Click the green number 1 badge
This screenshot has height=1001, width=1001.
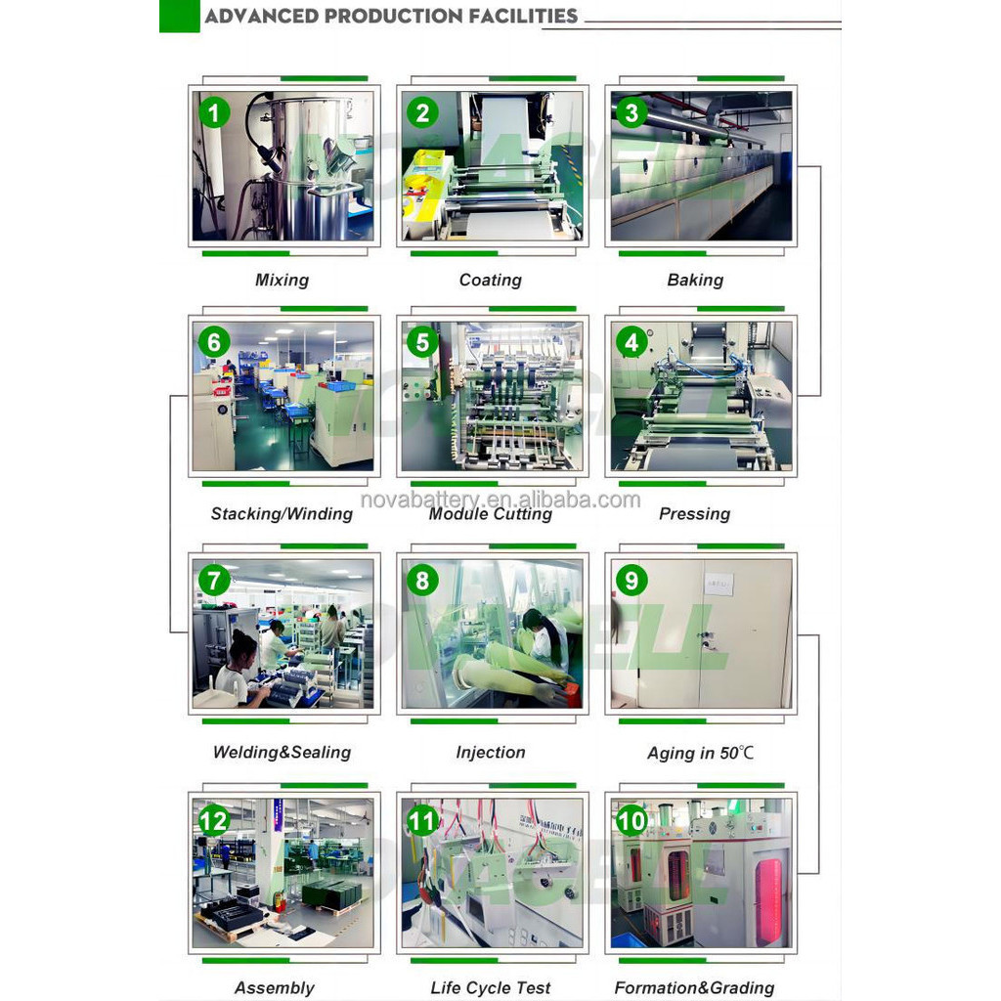(x=214, y=113)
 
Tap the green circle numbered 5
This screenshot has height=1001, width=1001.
(x=422, y=342)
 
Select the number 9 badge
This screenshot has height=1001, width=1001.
(x=631, y=581)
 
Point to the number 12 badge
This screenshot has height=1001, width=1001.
(x=214, y=821)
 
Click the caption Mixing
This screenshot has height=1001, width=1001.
(x=283, y=281)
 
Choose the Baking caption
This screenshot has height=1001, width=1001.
(x=695, y=281)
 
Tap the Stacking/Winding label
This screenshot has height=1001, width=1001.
(x=282, y=514)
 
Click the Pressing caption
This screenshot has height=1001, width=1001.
(x=695, y=514)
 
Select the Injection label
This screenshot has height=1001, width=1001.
(x=491, y=753)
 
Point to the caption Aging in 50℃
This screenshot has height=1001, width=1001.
(x=700, y=754)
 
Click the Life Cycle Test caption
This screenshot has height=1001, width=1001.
(x=491, y=988)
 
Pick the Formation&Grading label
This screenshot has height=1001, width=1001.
(x=695, y=988)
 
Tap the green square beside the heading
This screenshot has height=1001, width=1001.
(x=180, y=16)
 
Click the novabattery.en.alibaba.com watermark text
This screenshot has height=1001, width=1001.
(x=500, y=500)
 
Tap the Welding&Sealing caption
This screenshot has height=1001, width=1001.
(x=282, y=753)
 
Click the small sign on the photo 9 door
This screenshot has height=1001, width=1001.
(x=718, y=584)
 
